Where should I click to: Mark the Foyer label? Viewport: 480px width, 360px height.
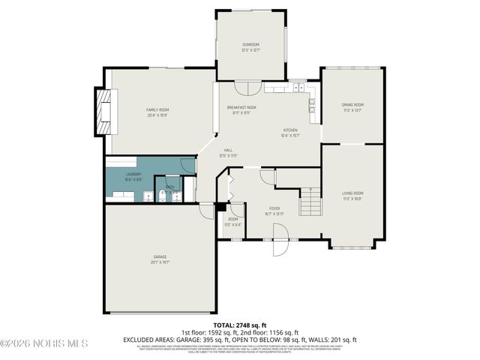click(274, 211)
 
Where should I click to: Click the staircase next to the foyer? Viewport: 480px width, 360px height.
click(310, 202)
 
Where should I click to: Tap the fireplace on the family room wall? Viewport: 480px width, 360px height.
click(102, 110)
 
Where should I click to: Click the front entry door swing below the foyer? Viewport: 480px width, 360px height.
click(279, 248)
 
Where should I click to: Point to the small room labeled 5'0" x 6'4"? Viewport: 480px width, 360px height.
click(233, 221)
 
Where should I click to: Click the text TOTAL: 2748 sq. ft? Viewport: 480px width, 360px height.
click(239, 325)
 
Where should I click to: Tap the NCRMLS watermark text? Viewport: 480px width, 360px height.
click(44, 343)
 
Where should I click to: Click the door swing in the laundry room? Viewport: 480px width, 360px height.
click(187, 165)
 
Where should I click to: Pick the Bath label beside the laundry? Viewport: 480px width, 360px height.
click(170, 189)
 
